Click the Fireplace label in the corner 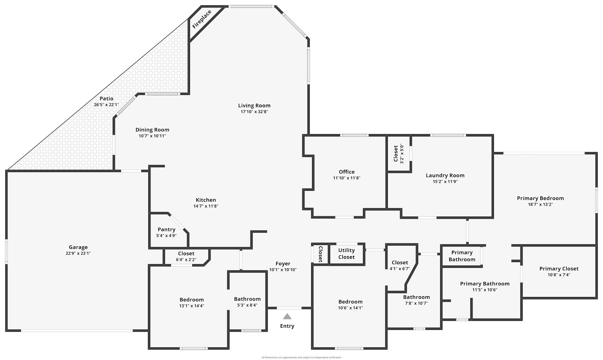click(x=202, y=19)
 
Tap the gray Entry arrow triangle click(x=287, y=316)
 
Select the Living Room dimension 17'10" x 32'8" click(x=254, y=112)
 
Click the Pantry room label click(x=166, y=230)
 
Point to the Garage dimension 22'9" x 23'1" click(x=78, y=253)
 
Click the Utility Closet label click(x=346, y=254)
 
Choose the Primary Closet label click(x=559, y=269)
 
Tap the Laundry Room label click(x=445, y=175)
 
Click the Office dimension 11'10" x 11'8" click(x=346, y=178)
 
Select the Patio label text click(x=106, y=99)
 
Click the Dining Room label click(x=152, y=130)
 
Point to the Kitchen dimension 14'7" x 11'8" click(x=206, y=206)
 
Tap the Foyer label click(x=283, y=264)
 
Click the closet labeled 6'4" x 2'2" click(x=186, y=256)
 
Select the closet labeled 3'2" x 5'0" click(x=398, y=154)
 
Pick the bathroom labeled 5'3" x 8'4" click(x=247, y=302)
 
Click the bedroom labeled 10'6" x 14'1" click(x=350, y=305)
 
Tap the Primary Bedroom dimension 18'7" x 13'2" click(x=540, y=205)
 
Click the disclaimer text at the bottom click(x=301, y=358)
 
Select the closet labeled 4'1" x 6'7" click(x=400, y=265)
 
